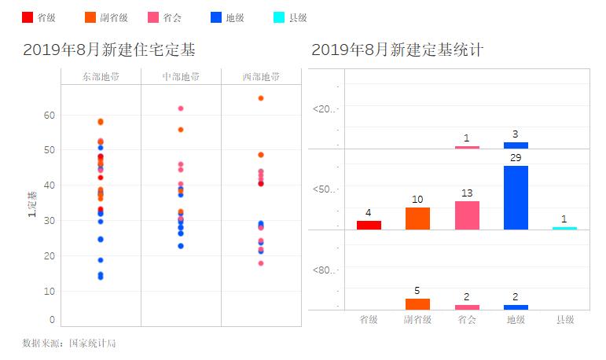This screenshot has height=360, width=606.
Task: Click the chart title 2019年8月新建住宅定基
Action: pos(109,50)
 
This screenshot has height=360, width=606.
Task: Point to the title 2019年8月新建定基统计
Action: pos(397,50)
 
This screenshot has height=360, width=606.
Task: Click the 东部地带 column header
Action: pos(101,76)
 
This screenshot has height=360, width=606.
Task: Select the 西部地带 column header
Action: pos(261,76)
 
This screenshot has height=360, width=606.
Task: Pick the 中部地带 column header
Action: pos(181,76)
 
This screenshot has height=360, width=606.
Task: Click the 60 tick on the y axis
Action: pos(49,115)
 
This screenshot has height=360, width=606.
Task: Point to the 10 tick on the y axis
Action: pos(49,291)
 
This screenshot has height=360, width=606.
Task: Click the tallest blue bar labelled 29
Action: pos(516,197)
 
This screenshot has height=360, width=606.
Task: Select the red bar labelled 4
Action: pos(369,225)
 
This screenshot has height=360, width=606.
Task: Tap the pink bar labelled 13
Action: pos(467,215)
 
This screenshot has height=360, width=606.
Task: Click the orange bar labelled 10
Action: pos(417,218)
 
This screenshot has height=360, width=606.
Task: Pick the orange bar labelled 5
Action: pos(417,303)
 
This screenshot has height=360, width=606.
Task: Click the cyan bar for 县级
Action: pos(564,228)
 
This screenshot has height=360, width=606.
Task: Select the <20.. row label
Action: pos(324,108)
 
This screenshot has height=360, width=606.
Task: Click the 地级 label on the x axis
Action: pos(516,320)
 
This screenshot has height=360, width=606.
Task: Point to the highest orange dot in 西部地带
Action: pos(261,98)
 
